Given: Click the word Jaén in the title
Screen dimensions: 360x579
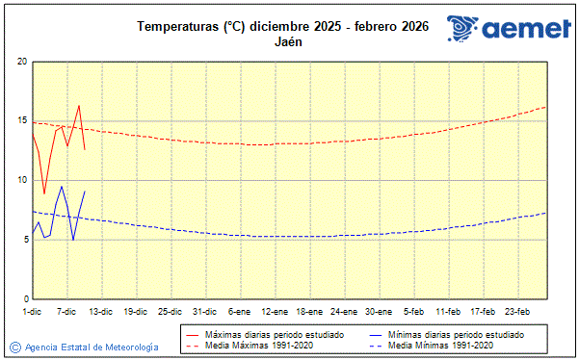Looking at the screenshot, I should pos(289,42).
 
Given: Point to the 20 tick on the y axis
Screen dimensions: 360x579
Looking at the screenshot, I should pos(21,62).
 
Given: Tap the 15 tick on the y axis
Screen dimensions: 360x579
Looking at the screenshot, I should pos(21,121).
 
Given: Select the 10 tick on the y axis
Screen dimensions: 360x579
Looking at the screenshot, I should pos(21,180).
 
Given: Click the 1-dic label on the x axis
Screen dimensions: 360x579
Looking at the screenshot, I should pos(32,312).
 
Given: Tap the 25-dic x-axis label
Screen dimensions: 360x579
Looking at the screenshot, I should pos(170,312).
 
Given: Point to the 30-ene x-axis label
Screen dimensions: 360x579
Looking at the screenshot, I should pos(379,312).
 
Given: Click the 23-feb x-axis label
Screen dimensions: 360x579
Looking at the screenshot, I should pos(517,312).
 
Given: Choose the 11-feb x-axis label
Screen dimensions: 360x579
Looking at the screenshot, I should pos(448,312).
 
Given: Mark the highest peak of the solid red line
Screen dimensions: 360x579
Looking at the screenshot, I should pos(78,106).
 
